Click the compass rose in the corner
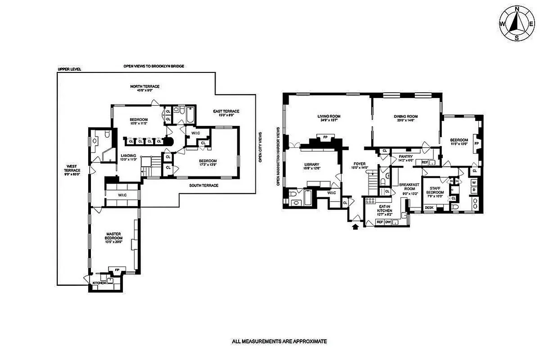[x=517, y=23]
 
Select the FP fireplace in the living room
[x=325, y=137]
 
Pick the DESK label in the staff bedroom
[x=430, y=207]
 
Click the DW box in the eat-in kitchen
[x=387, y=222]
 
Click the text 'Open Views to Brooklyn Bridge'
[x=154, y=66]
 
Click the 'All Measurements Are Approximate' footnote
[x=279, y=342]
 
